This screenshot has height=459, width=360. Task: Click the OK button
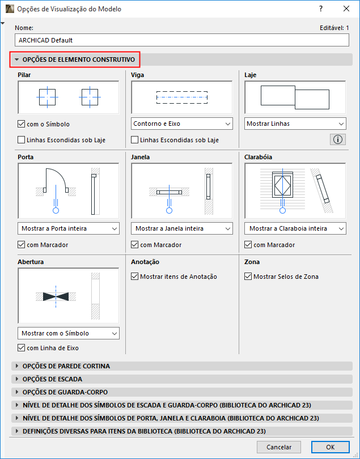coord(330,447)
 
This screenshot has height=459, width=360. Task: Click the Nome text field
coord(181,40)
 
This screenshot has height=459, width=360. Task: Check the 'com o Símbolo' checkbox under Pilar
coord(21,124)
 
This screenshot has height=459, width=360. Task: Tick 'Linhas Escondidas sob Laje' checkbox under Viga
coord(134,140)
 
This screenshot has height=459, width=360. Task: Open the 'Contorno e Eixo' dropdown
coord(182,124)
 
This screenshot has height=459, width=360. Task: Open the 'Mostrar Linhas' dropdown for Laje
coord(295,124)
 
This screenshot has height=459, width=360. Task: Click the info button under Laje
coord(338,139)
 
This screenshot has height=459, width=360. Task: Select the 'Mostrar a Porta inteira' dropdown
coord(69,228)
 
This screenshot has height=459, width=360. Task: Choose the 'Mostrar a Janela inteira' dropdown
coord(182,228)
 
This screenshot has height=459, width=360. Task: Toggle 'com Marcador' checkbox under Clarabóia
coord(248,245)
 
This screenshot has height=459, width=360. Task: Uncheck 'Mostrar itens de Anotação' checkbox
coord(134,277)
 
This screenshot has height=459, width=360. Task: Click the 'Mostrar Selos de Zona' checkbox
coord(248,277)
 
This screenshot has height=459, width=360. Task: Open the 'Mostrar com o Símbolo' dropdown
coord(69,333)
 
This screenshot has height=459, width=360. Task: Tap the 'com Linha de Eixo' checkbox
coord(21,348)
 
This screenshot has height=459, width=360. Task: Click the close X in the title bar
coord(346,8)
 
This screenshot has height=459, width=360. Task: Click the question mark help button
coord(321,8)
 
